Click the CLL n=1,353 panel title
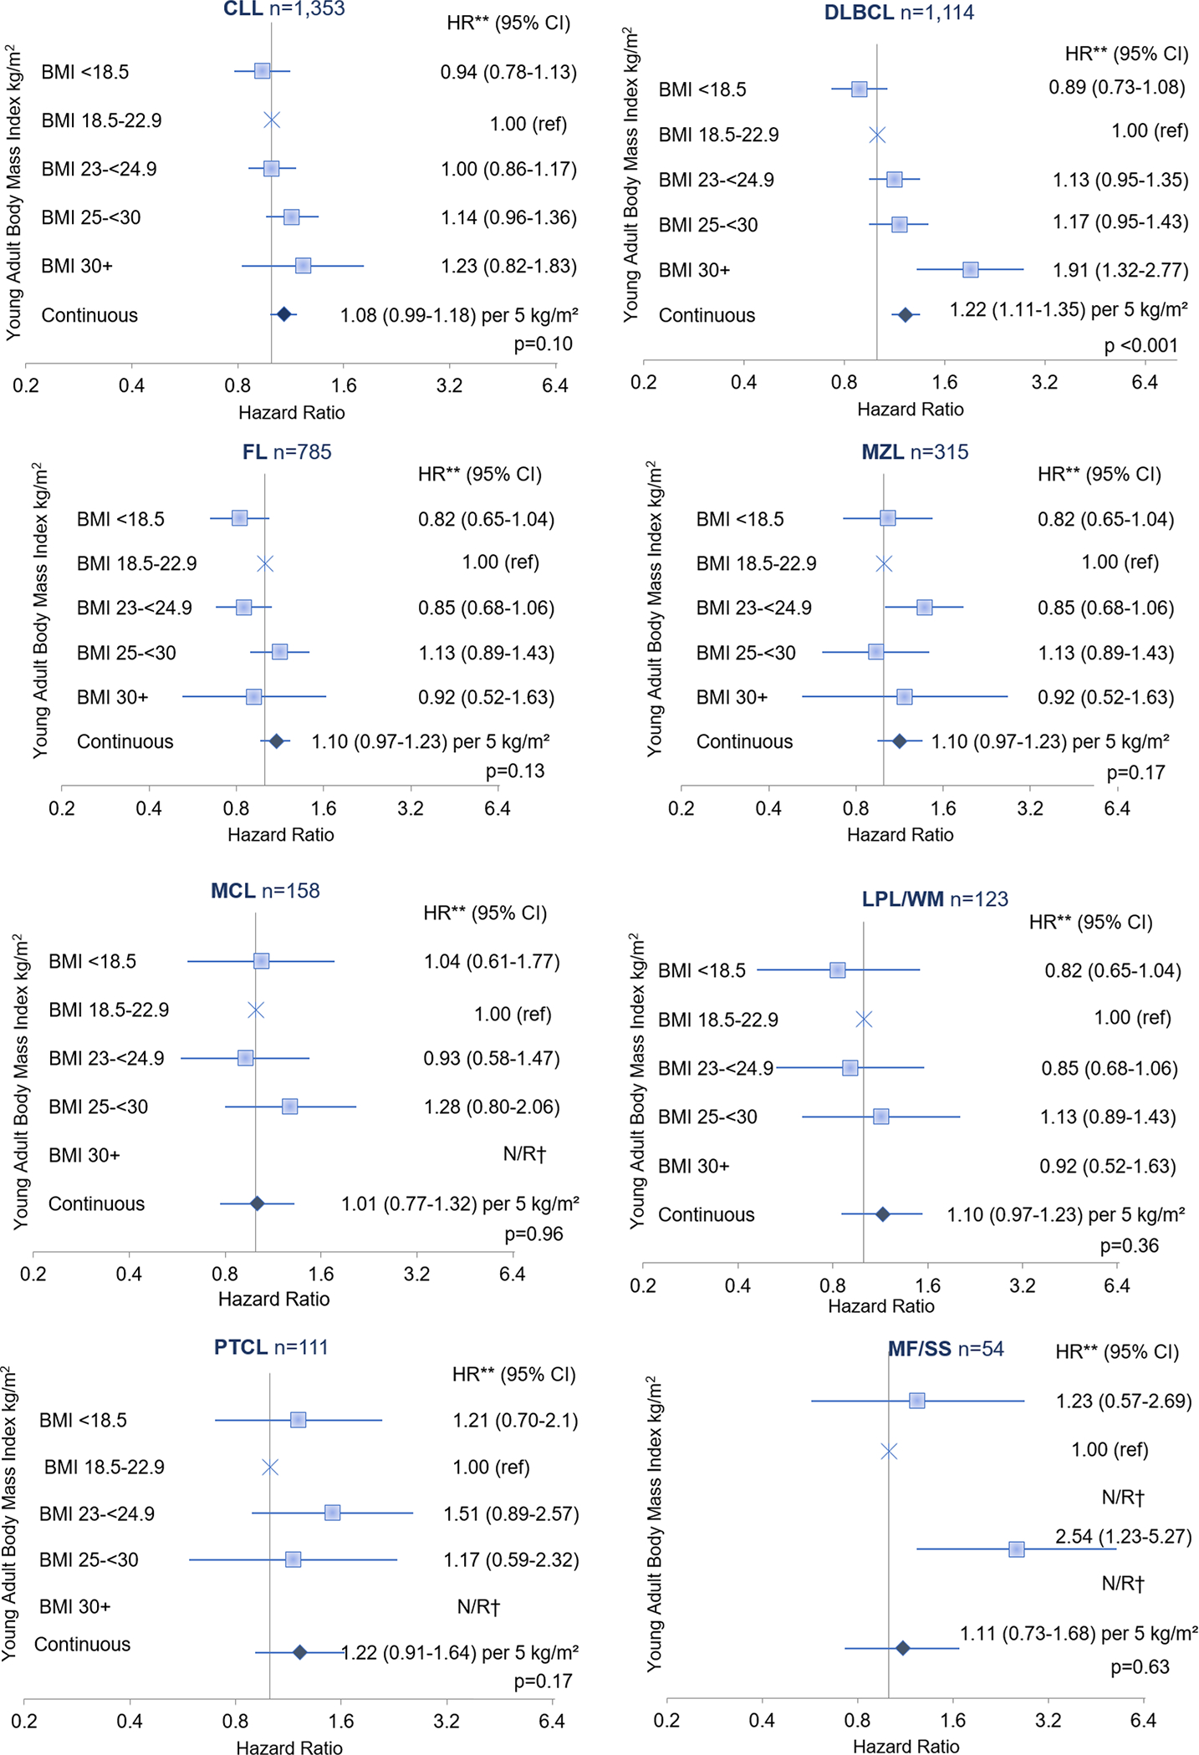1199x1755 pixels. (283, 9)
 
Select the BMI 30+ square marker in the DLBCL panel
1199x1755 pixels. (970, 269)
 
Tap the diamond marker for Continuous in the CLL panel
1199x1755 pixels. (283, 314)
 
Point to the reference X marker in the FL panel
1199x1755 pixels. (265, 564)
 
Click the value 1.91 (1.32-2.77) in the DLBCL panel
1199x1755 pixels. (1120, 270)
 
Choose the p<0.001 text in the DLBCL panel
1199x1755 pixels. (1140, 345)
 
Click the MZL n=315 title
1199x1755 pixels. (915, 452)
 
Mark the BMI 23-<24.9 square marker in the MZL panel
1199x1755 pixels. (924, 608)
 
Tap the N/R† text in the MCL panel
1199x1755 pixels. (524, 1154)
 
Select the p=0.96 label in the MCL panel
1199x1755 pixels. (533, 1234)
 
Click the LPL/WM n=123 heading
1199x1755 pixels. (935, 899)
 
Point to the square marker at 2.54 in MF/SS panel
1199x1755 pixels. (1016, 1549)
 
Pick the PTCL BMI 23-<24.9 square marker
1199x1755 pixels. (332, 1513)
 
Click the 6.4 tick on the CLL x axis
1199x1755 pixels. (554, 385)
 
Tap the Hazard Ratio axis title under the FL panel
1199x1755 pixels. (280, 834)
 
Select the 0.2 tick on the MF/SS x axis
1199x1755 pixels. (666, 1720)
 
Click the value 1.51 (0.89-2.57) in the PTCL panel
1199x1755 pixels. (511, 1513)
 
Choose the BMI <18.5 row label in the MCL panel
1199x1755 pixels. (92, 961)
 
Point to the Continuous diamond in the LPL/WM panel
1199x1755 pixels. (882, 1214)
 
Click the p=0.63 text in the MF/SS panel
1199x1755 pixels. (1140, 1667)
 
